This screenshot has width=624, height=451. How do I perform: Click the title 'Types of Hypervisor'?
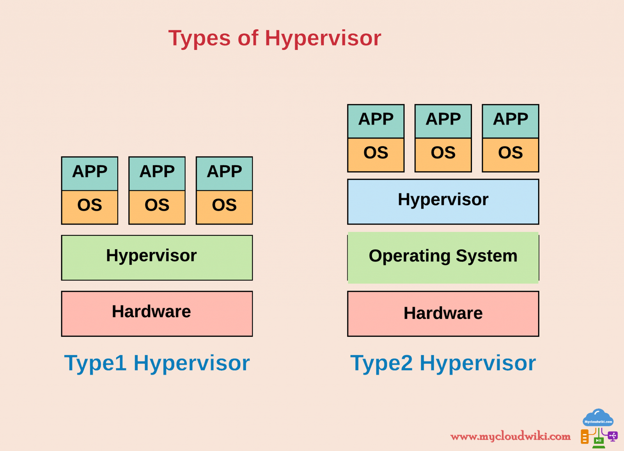(275, 38)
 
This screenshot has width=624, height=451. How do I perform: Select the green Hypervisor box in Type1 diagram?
(157, 257)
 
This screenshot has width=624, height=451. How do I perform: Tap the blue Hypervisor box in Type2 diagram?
(443, 201)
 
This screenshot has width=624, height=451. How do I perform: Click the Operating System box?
(443, 257)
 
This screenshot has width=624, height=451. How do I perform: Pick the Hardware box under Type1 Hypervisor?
(157, 314)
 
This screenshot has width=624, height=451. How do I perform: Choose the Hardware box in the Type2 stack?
(443, 314)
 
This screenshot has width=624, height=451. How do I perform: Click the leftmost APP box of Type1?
(90, 174)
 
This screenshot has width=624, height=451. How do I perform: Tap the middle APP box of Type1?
(157, 174)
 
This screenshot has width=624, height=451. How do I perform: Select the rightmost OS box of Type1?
(224, 207)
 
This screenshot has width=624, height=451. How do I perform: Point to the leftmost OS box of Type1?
(90, 207)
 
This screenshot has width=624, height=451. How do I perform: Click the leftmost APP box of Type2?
(376, 121)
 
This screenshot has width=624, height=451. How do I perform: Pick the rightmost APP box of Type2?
(511, 121)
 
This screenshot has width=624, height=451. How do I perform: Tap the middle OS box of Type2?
(443, 155)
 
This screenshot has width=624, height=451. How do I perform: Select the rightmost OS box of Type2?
(511, 155)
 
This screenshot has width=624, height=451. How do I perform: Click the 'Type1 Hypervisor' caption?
(157, 363)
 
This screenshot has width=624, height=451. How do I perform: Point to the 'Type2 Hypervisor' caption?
(443, 363)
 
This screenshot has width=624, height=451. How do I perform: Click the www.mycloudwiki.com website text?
(510, 436)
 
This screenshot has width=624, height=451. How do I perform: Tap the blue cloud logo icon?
(598, 418)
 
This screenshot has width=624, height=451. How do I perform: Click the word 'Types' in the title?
(199, 38)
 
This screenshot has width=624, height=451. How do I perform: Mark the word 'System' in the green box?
(486, 256)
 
